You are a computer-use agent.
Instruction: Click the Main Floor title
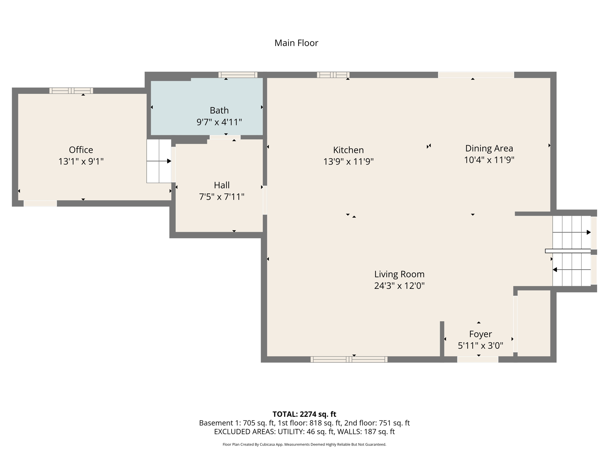pyautogui.click(x=296, y=43)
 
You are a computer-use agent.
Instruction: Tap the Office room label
pyautogui.click(x=81, y=150)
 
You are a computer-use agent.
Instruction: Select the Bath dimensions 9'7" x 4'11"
pyautogui.click(x=219, y=122)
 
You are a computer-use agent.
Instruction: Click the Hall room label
pyautogui.click(x=222, y=185)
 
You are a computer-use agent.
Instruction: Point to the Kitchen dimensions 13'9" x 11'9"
pyautogui.click(x=348, y=162)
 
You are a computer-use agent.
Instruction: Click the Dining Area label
pyautogui.click(x=489, y=148)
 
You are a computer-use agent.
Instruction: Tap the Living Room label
pyautogui.click(x=399, y=274)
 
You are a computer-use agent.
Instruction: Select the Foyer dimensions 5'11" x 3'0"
pyautogui.click(x=480, y=345)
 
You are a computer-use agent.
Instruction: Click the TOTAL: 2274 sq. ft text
pyautogui.click(x=304, y=414)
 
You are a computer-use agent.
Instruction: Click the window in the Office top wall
pyautogui.click(x=71, y=91)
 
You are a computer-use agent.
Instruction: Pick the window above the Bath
pyautogui.click(x=238, y=75)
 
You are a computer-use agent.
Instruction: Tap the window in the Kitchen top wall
pyautogui.click(x=333, y=75)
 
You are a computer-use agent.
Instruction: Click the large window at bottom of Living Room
pyautogui.click(x=349, y=359)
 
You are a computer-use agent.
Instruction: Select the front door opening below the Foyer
pyautogui.click(x=478, y=359)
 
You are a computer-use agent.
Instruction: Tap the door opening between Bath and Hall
pyautogui.click(x=225, y=137)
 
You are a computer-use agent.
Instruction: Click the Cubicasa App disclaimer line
pyautogui.click(x=304, y=445)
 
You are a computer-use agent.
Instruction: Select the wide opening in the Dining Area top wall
pyautogui.click(x=476, y=75)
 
